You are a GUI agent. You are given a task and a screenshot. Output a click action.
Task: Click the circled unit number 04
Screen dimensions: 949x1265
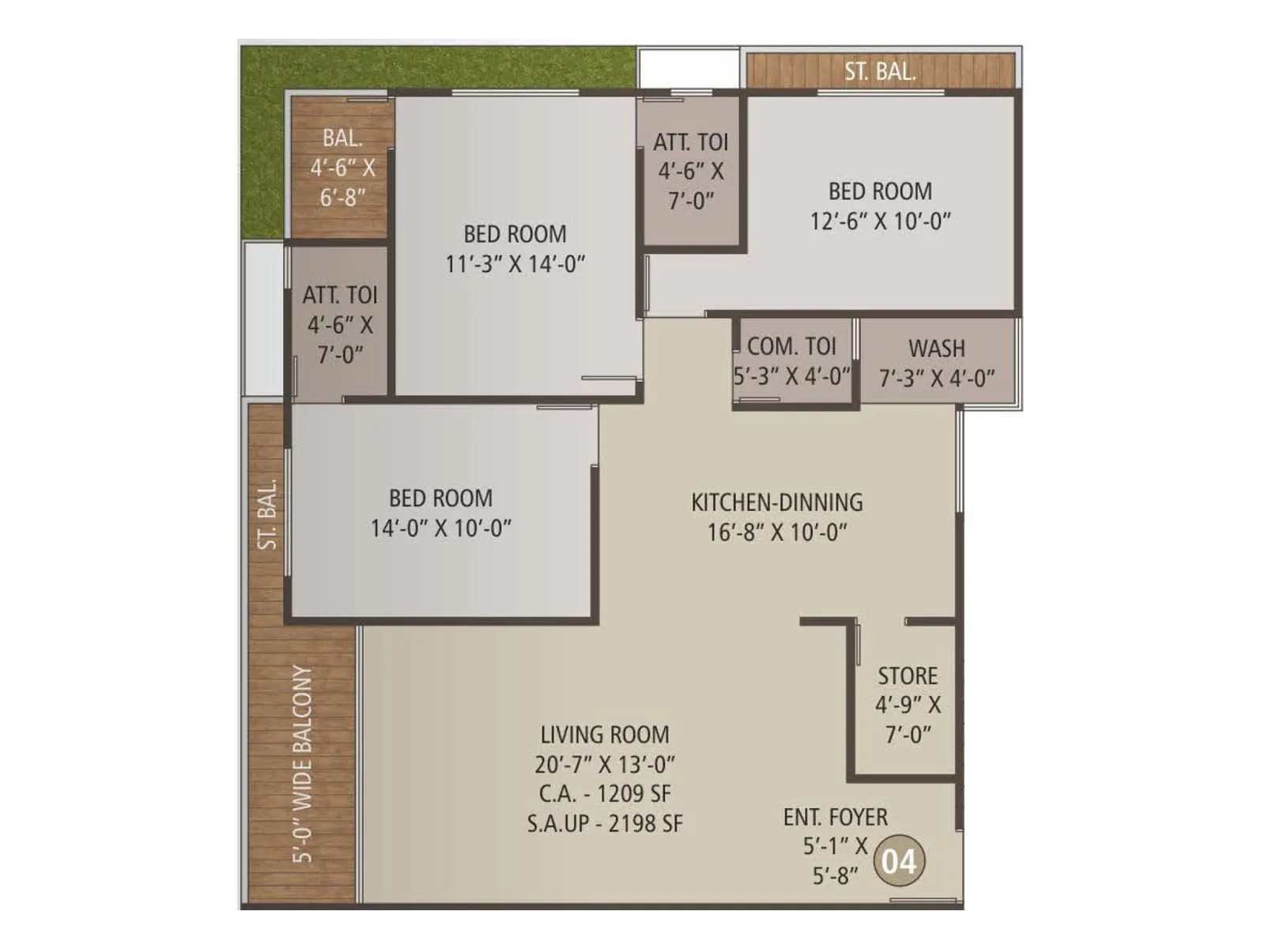[899, 861]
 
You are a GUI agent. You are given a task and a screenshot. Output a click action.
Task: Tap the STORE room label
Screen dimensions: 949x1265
[908, 676]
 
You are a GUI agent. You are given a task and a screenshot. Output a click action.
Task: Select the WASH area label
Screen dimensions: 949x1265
[937, 349]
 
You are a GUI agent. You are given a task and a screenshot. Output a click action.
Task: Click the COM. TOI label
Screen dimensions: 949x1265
[791, 346]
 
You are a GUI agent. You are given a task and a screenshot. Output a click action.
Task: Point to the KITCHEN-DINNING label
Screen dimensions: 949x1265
[776, 503]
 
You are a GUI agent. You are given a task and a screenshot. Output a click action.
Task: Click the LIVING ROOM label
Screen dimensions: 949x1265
[605, 735]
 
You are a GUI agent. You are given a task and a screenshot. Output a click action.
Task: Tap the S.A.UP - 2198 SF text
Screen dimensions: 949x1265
[605, 824]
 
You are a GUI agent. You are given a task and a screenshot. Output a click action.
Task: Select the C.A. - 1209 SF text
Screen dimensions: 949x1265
[605, 794]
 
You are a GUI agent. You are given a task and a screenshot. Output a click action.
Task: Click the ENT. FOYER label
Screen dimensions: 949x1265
[835, 817]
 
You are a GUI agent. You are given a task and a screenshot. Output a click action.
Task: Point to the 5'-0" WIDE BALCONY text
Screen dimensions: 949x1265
[303, 764]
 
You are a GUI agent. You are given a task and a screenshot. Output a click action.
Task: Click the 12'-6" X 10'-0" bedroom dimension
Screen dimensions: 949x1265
[880, 221]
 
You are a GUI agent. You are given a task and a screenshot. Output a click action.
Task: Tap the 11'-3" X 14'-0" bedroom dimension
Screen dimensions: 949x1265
[515, 264]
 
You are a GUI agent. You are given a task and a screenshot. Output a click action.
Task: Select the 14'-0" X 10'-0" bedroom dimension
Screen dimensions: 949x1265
[441, 528]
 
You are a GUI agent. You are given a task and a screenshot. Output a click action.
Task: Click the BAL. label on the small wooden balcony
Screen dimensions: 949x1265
[342, 138]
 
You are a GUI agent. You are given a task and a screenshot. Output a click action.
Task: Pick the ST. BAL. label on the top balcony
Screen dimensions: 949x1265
[880, 72]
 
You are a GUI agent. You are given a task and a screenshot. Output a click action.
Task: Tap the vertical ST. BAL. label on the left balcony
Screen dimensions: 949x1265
[268, 514]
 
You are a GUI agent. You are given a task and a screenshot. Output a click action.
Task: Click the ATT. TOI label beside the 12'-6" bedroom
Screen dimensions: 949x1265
[690, 142]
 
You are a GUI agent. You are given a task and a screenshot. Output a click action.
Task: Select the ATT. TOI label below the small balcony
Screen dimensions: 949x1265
[340, 296]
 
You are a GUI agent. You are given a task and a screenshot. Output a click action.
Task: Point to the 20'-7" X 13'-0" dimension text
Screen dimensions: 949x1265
[605, 765]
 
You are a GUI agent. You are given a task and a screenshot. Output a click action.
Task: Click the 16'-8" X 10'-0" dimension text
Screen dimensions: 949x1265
[776, 532]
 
